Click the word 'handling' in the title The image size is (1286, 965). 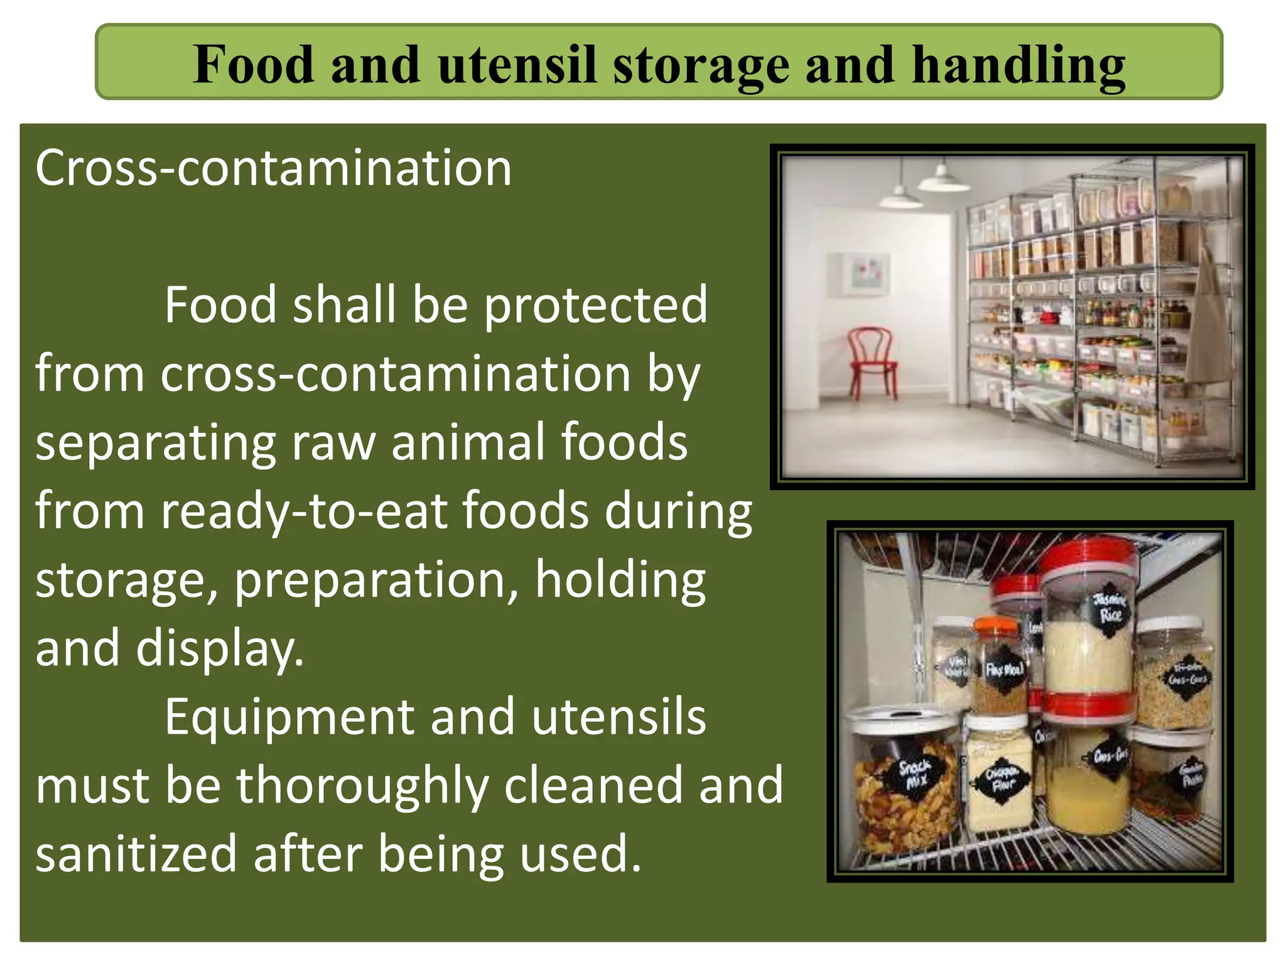[x=1019, y=65]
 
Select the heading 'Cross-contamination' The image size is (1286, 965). [x=274, y=168]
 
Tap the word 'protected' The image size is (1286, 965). [x=595, y=305]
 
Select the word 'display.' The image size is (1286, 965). [x=220, y=649]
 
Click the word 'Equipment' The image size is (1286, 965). [x=289, y=717]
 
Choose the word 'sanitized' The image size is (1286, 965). [x=136, y=854]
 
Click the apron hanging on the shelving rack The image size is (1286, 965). [x=1209, y=327]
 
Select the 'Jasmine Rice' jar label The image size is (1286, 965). [x=1110, y=607]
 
